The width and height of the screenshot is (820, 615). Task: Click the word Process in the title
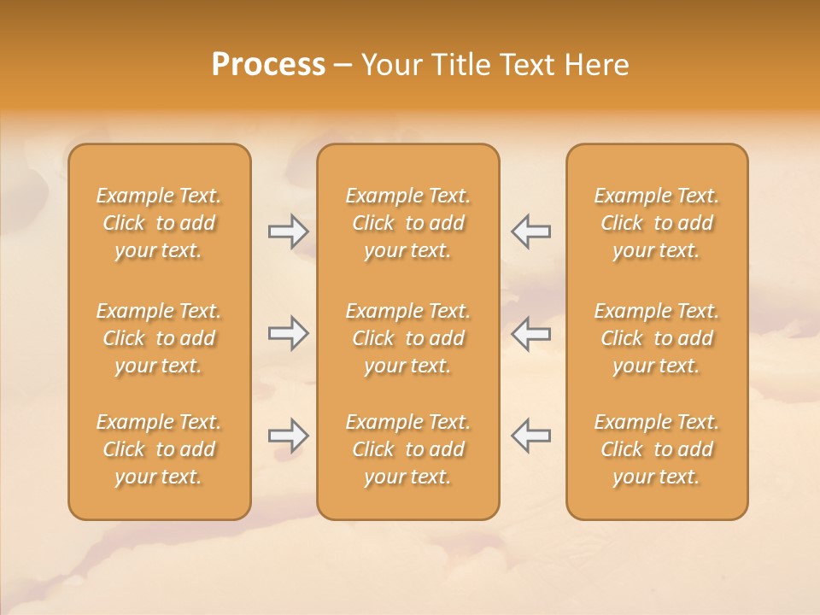coord(268,65)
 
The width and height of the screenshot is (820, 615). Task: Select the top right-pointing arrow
coord(288,231)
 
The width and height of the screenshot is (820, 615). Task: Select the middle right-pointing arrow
coord(288,333)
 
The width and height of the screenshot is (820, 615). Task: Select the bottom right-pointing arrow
coord(288,436)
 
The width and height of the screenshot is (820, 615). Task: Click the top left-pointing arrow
coord(531,231)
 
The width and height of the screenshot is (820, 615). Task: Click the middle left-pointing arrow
coord(531,333)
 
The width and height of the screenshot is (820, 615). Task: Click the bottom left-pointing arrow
coord(531,436)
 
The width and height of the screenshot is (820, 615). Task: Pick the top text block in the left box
coord(159,223)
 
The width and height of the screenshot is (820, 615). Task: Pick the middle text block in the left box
coord(159,338)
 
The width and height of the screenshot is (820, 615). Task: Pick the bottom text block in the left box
coord(159,449)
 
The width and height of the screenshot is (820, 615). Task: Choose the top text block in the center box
coord(407,223)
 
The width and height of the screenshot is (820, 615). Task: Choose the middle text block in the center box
coord(407,338)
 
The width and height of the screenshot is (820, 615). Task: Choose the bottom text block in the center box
coord(407,449)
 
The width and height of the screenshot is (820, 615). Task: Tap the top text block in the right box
coord(656,223)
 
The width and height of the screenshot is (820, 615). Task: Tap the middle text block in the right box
coord(656,338)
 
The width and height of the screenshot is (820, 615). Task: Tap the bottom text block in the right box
coord(656,449)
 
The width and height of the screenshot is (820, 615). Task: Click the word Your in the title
coord(390,65)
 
